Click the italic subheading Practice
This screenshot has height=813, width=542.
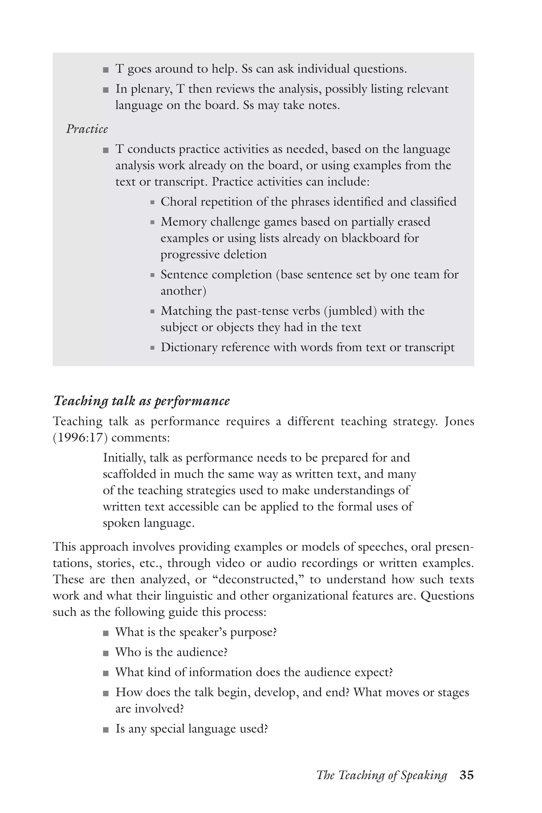[x=87, y=129]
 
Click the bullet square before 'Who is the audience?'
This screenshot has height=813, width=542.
[x=106, y=653]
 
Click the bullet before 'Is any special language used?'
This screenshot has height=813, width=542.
[x=106, y=730]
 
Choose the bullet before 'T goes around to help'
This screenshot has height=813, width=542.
[x=106, y=70]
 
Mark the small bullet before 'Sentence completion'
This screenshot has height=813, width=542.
[x=152, y=275]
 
